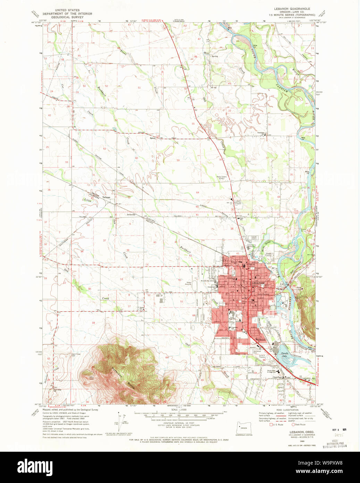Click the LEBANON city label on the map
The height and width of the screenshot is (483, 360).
(258, 283)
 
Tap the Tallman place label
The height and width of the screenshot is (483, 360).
(106, 197)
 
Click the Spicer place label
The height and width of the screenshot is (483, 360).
(152, 138)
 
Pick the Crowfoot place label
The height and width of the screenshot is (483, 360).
(277, 377)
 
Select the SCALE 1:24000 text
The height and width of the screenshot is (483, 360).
(179, 410)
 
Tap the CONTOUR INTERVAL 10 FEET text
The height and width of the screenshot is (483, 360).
(179, 423)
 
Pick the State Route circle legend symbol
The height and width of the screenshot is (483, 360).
(293, 424)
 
